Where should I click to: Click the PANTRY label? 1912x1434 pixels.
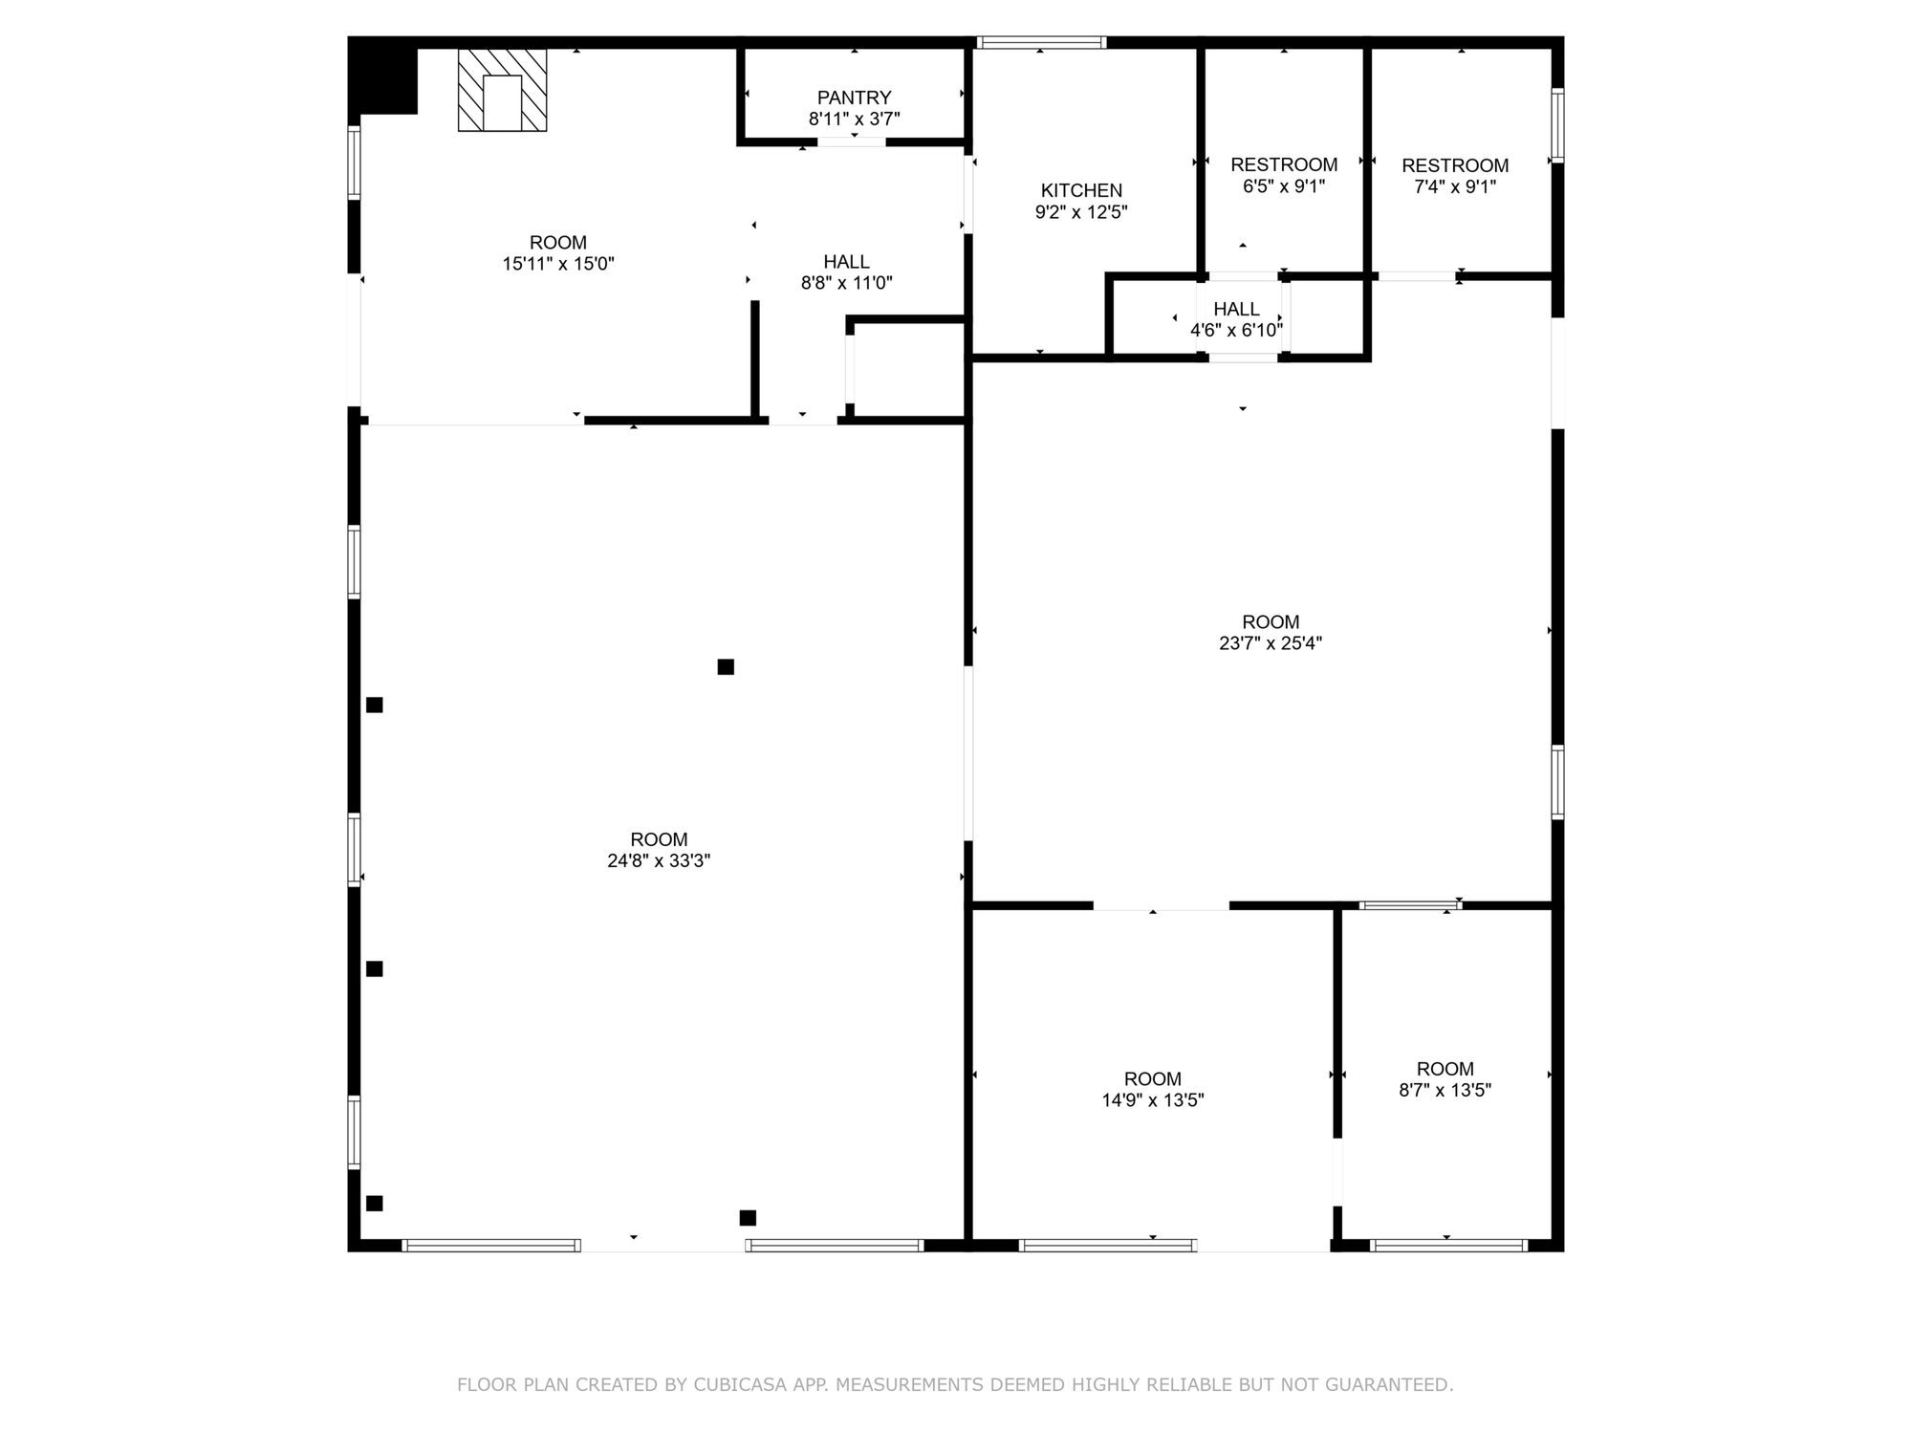pos(854,98)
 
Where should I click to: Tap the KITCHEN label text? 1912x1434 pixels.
pos(1081,190)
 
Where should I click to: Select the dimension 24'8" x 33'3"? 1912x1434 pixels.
pos(659,860)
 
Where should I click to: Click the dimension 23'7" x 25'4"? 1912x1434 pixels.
pos(1271,643)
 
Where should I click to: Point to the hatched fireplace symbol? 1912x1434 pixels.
pos(502,90)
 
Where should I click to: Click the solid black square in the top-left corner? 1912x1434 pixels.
pos(383,76)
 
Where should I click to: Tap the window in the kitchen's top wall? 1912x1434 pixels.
pos(1041,42)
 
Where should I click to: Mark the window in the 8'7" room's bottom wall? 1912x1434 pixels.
pos(1448,1245)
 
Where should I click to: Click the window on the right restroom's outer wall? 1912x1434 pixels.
pos(1557,125)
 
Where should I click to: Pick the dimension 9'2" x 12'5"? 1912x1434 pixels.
pos(1081,212)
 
